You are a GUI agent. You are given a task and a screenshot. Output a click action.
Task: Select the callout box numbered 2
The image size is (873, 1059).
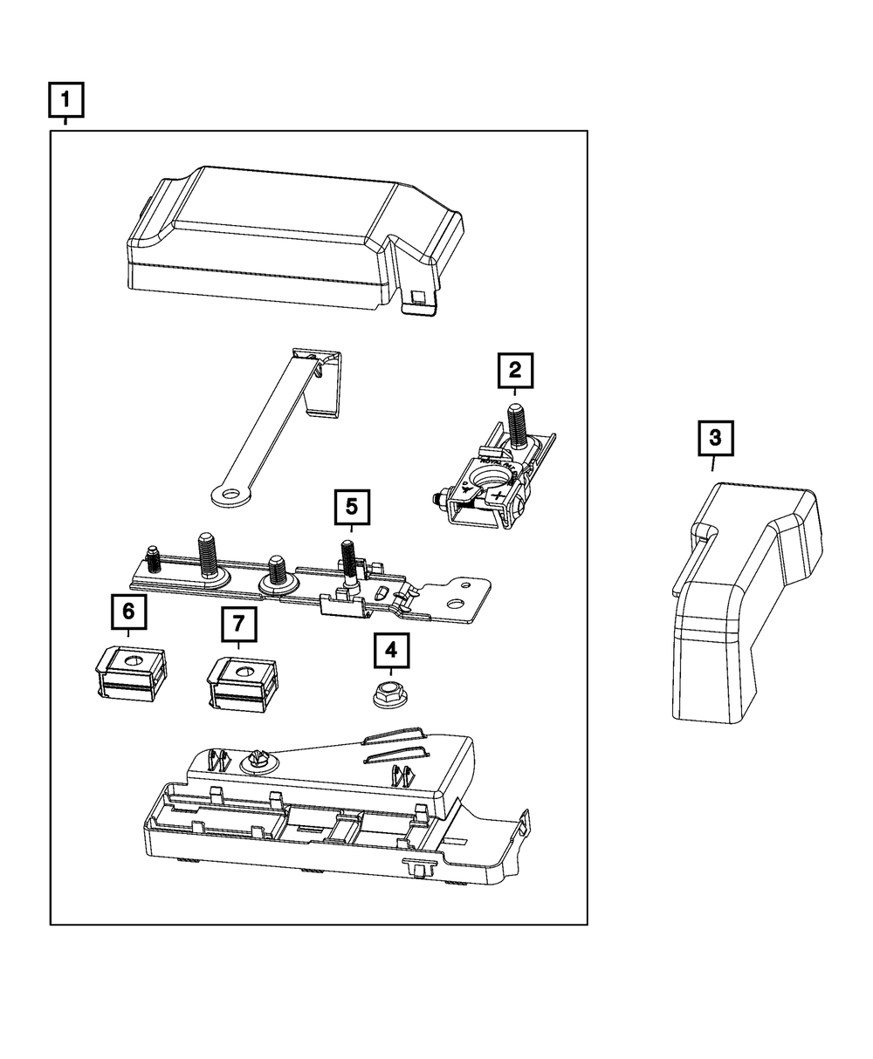point(515,370)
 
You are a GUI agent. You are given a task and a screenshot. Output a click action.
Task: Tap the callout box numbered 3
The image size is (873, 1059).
point(715,439)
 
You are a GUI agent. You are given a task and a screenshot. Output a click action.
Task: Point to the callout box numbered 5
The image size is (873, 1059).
point(352,506)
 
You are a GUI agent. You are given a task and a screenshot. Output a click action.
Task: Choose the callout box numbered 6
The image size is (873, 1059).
point(128,611)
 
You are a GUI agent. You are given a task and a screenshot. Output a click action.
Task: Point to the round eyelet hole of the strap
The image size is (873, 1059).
point(230,495)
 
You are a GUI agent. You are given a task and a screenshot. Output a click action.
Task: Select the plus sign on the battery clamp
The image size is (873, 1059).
point(498,497)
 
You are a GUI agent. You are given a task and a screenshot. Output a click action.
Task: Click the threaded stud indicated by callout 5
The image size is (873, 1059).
point(347,558)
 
